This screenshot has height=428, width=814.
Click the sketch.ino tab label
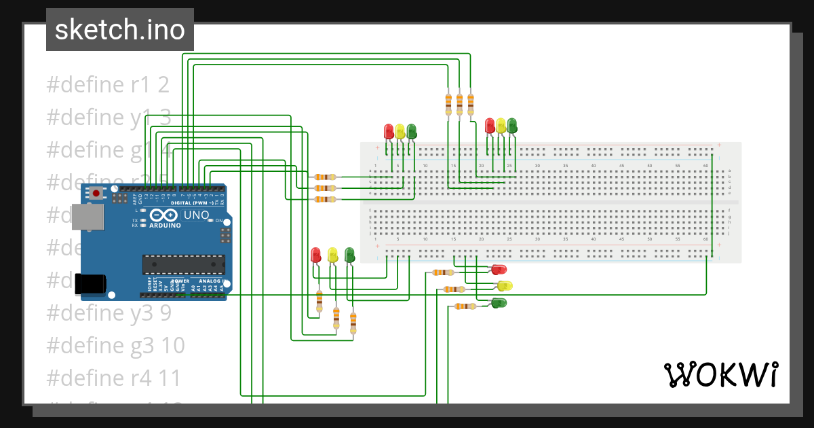point(119,30)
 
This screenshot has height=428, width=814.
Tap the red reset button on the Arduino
point(96,194)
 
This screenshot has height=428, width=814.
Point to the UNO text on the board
point(197,215)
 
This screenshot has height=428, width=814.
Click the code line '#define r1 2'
point(108,86)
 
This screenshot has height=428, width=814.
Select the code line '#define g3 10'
point(115,346)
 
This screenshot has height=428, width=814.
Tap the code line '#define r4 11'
point(115,378)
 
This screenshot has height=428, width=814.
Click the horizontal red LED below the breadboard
point(499,270)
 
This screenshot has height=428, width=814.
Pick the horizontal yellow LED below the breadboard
point(503,285)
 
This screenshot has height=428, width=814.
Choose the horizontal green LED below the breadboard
point(499,303)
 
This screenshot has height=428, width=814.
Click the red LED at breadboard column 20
point(490,126)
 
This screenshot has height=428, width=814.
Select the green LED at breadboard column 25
point(512,125)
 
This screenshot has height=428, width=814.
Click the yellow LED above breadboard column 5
point(400,130)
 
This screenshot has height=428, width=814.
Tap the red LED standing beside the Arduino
point(315,255)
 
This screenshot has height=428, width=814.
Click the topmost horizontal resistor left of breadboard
point(326,177)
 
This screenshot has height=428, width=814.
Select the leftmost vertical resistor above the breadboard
point(448,103)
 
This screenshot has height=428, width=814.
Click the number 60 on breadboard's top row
point(705,166)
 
